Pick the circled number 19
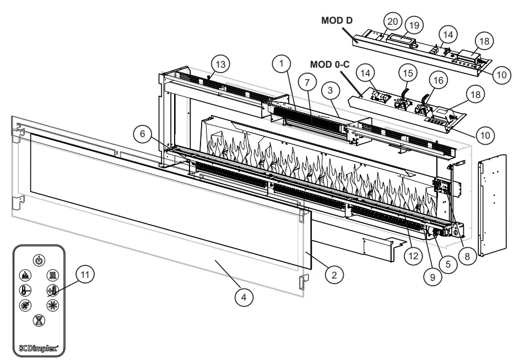(414, 26)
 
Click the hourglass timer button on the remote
(39, 319)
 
